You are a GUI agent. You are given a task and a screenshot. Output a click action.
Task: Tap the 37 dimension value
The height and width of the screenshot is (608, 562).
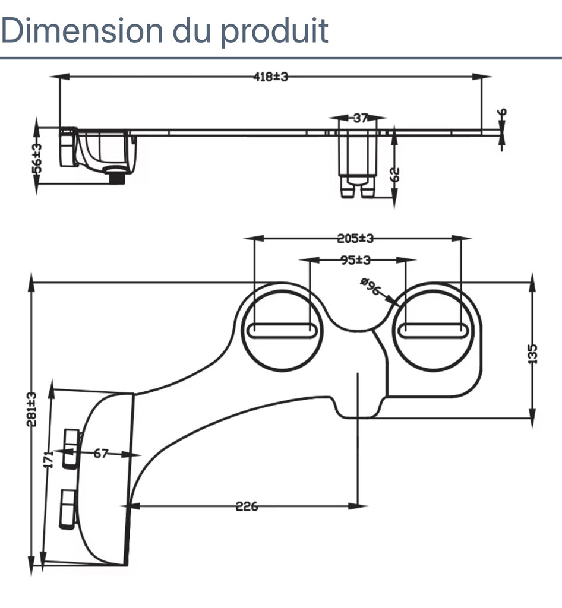click(360, 118)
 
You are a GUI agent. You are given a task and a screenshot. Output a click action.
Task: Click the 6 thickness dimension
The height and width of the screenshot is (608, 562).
click(502, 113)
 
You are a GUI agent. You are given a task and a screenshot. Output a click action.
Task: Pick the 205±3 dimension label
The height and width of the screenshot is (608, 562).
click(355, 239)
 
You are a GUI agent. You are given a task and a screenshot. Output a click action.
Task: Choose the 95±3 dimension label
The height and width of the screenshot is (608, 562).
click(355, 260)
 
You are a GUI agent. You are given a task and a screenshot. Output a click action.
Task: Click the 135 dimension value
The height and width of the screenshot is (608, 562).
click(532, 354)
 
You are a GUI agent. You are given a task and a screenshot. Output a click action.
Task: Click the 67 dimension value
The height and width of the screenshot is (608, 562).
click(100, 454)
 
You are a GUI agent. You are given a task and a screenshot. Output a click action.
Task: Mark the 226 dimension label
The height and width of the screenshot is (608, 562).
click(247, 506)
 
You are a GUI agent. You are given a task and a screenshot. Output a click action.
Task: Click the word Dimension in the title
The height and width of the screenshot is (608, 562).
click(81, 31)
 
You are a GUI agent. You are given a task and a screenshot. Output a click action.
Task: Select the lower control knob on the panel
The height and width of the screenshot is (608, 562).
click(67, 509)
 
